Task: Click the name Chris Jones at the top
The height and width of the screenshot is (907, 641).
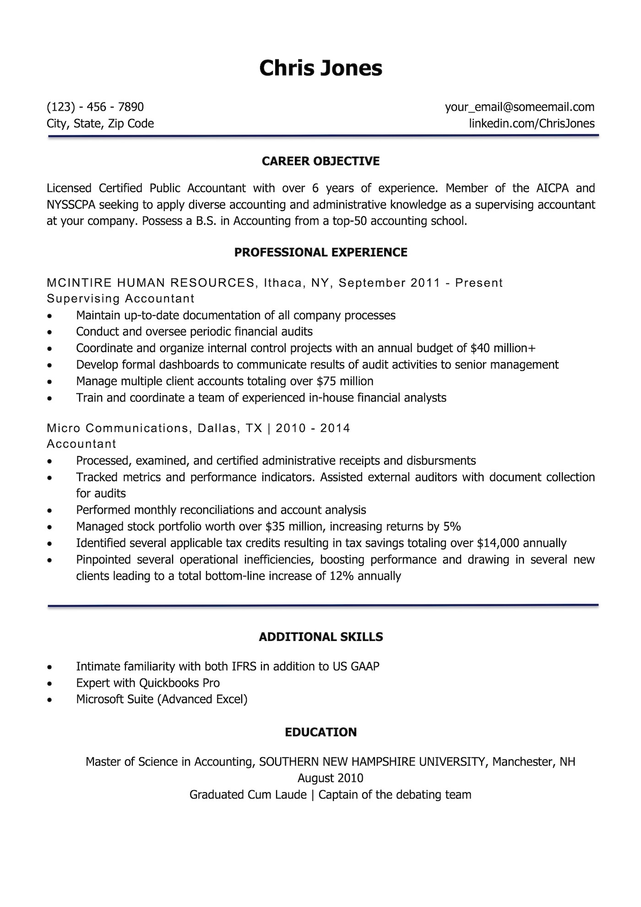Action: click(x=320, y=68)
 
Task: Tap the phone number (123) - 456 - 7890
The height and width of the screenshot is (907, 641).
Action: click(x=95, y=107)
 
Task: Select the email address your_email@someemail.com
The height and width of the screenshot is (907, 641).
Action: click(x=520, y=107)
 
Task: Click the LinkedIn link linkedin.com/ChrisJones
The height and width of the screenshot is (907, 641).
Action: click(x=532, y=124)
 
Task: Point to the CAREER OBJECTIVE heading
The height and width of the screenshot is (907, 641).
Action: click(x=320, y=161)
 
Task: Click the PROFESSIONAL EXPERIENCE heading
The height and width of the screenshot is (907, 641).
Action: click(x=320, y=252)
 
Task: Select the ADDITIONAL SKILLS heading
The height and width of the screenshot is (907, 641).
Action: click(x=320, y=637)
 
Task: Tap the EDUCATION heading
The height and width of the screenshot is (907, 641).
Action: click(x=320, y=732)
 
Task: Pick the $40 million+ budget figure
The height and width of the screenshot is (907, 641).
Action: click(x=503, y=348)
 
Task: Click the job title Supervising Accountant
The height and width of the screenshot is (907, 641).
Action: click(x=121, y=299)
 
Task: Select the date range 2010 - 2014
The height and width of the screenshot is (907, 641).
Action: click(x=313, y=429)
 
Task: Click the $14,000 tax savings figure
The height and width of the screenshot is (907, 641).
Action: click(x=498, y=543)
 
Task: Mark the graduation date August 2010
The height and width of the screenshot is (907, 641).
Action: click(x=330, y=778)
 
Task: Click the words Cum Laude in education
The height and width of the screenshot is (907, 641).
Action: click(x=277, y=794)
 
